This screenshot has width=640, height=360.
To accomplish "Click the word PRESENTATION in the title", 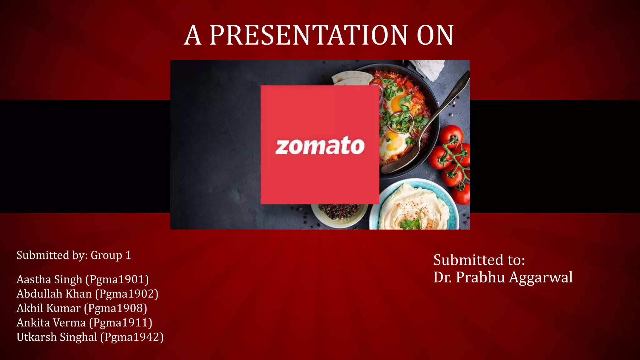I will click(308, 35).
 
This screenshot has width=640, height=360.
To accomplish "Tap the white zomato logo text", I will click(320, 146).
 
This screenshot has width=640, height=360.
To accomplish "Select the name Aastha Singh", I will click(49, 279).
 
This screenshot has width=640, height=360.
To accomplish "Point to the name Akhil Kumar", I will click(48, 308).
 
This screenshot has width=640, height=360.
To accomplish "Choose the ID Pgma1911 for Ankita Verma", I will click(121, 322).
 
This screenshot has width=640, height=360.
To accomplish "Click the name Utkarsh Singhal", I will click(57, 337).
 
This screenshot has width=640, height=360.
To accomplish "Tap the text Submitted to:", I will click(479, 260).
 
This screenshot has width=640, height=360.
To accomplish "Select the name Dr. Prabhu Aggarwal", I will click(502, 277).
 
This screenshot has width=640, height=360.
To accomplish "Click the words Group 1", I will click(111, 255).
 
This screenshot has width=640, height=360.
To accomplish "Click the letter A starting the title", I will click(192, 35).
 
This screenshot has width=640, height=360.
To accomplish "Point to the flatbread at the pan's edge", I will click(350, 78).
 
